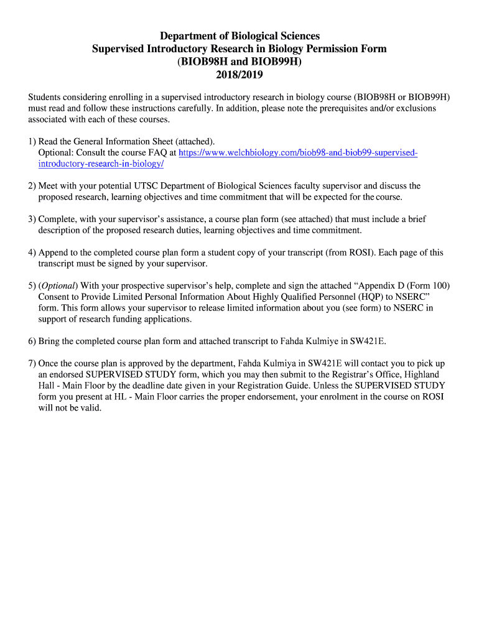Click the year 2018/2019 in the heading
(x=239, y=75)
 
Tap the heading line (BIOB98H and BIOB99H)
(x=239, y=62)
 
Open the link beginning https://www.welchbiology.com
(x=298, y=152)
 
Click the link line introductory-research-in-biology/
(x=101, y=164)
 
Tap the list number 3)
(x=32, y=220)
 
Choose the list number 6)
(x=32, y=342)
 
